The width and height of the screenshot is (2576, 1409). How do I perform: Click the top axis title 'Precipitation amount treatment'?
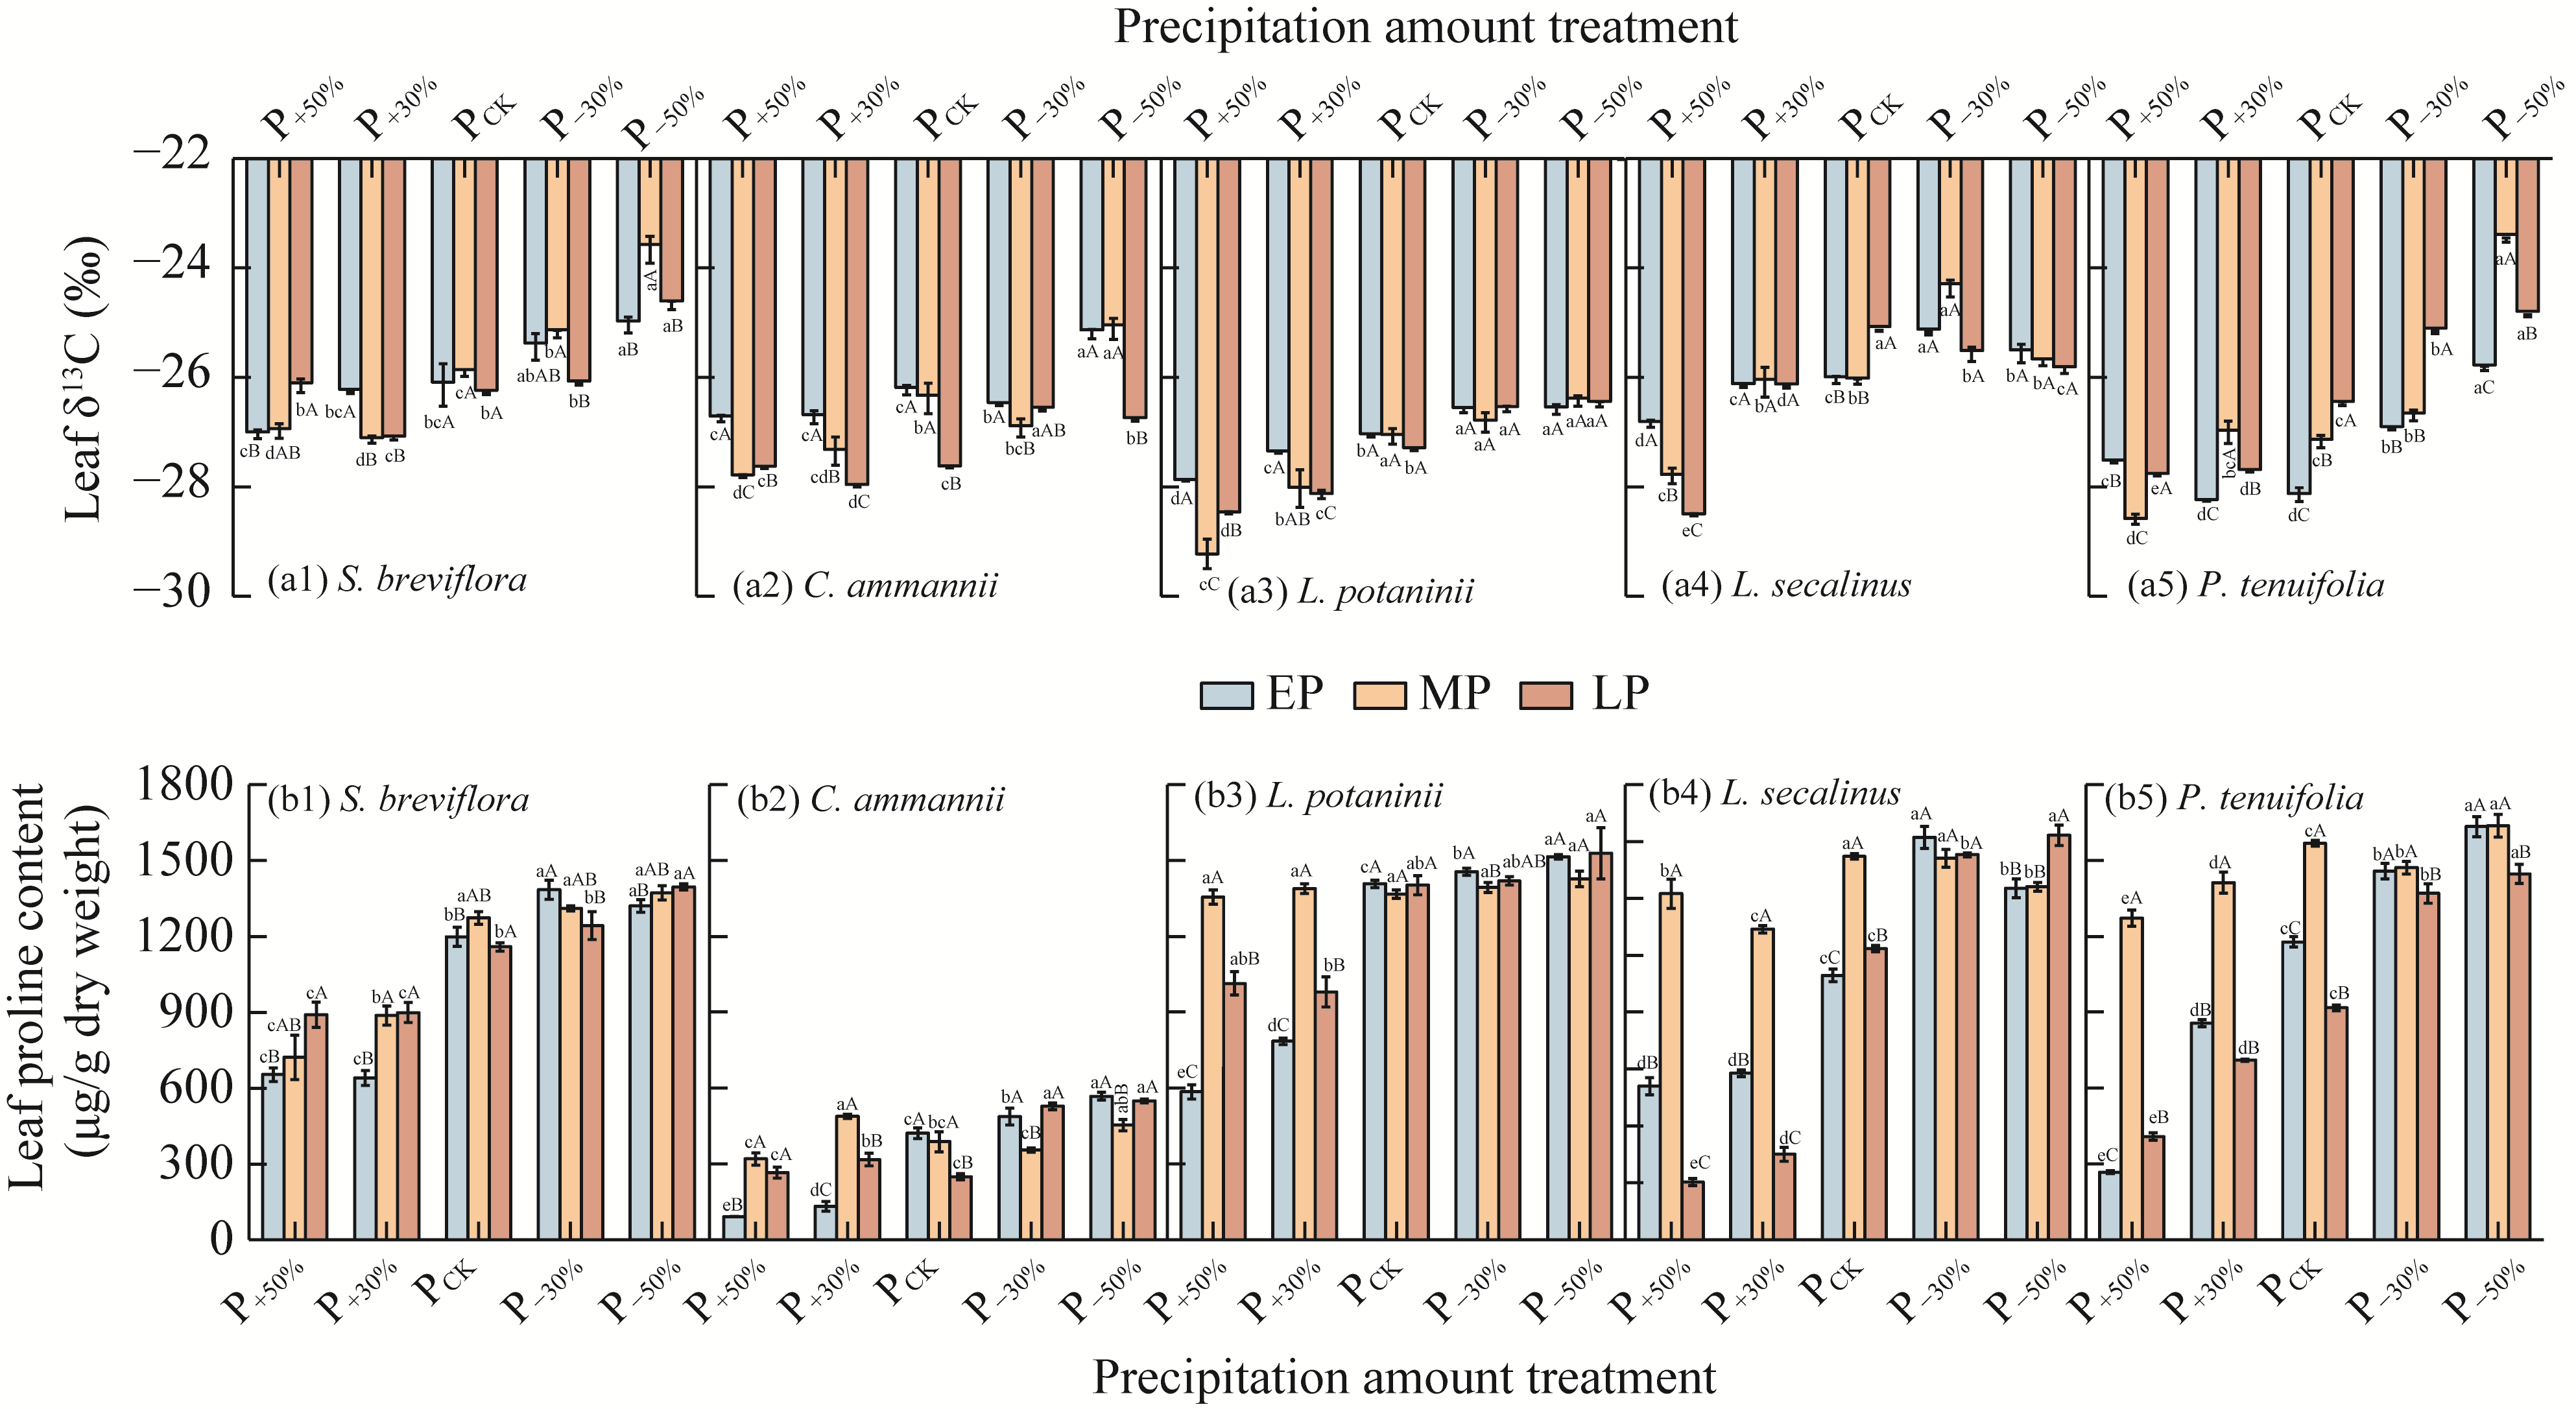1425,27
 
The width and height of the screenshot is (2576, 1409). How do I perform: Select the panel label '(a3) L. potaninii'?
1350,591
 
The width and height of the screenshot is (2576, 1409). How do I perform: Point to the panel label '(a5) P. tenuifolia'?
2255,585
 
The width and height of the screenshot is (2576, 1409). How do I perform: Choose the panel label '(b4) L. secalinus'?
1775,794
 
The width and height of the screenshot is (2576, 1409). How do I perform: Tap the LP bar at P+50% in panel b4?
1693,1210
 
